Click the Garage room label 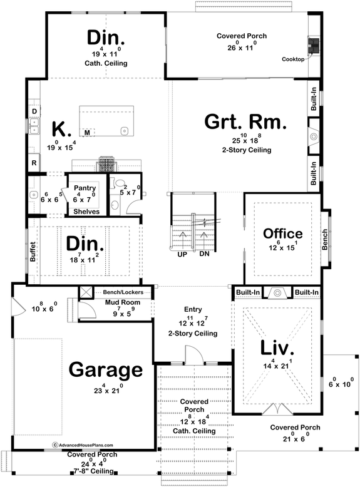[x=105, y=371]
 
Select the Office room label [x=282, y=234]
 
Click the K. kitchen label [x=60, y=130]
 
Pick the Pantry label [x=84, y=188]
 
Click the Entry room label [x=192, y=309]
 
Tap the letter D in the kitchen [x=34, y=111]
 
